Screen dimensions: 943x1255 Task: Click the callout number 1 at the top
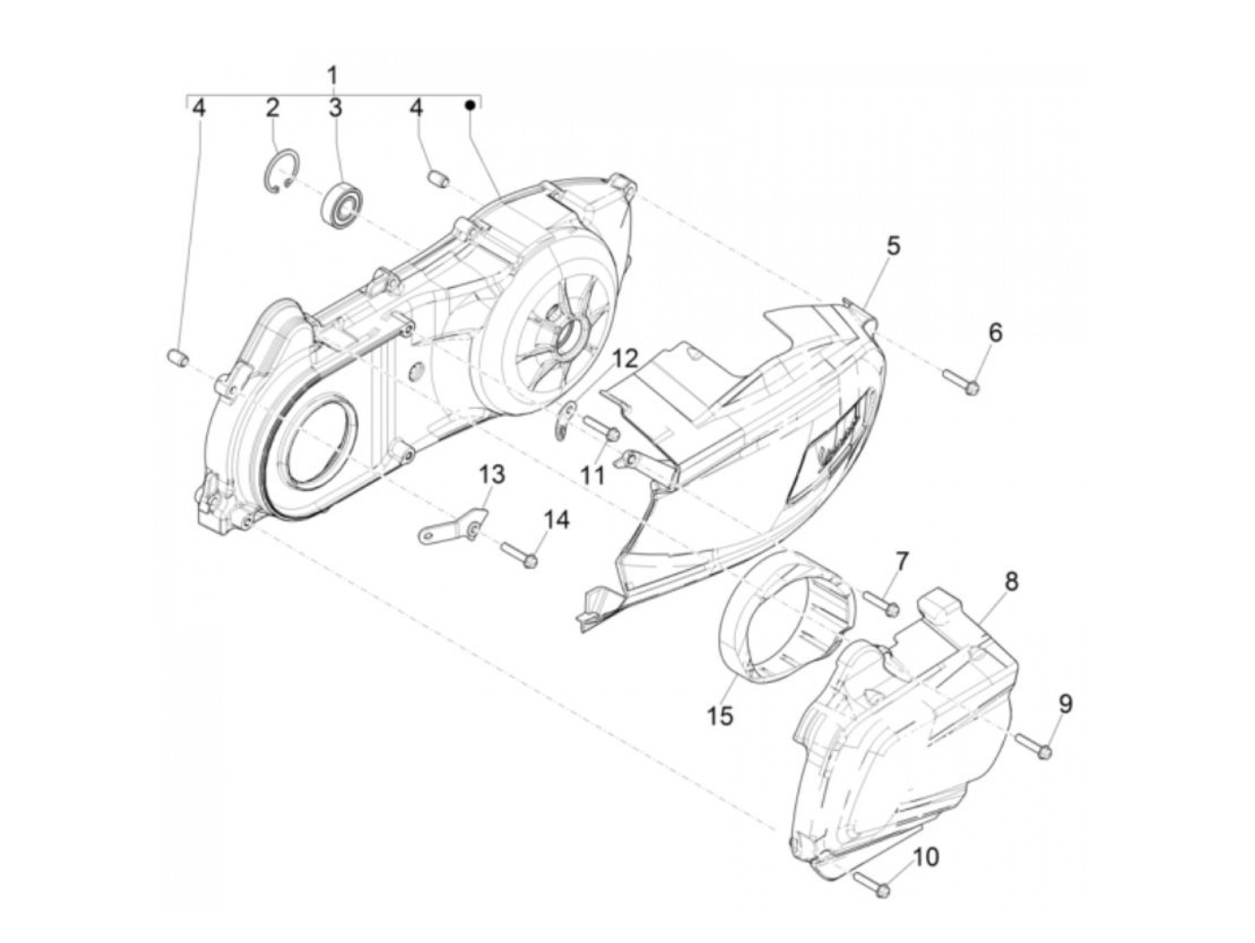coord(333,74)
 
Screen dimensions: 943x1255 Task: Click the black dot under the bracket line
coord(469,106)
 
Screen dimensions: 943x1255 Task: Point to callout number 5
coord(894,246)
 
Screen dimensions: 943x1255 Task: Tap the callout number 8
coord(1010,581)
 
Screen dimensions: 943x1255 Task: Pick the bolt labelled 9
coord(1034,746)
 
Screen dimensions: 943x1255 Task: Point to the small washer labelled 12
coord(567,421)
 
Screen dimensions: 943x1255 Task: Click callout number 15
coord(719,716)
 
